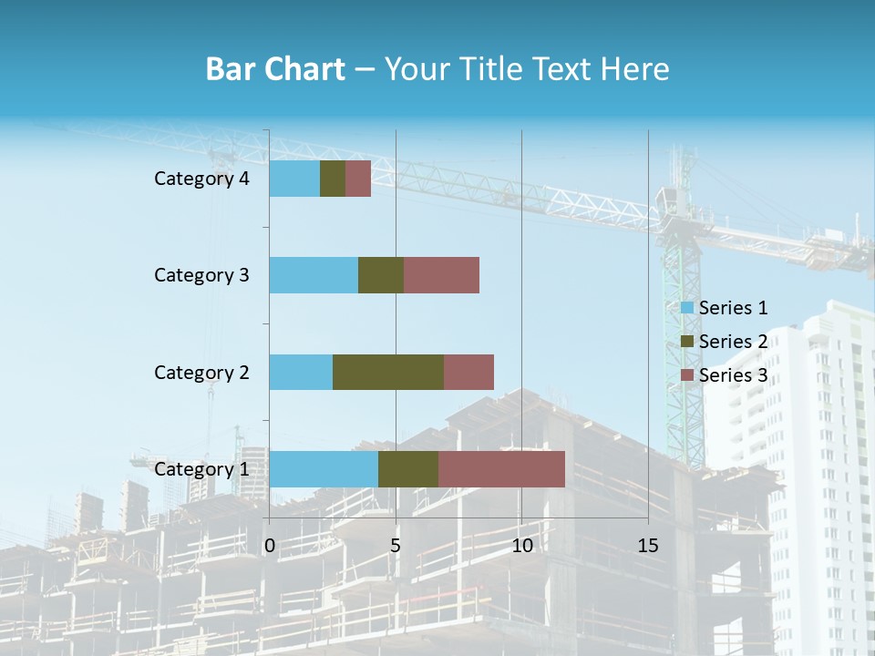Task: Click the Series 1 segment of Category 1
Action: [324, 469]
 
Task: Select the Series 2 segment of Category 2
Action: [388, 372]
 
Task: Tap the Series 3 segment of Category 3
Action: [441, 275]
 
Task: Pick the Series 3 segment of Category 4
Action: [358, 179]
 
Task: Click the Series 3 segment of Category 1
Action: [501, 469]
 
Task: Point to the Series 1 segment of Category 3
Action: [314, 275]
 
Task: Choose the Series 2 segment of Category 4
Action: [333, 179]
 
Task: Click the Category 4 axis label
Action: [201, 179]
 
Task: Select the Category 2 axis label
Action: [201, 372]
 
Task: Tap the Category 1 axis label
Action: [201, 469]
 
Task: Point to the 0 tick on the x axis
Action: [270, 546]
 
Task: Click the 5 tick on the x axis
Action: [396, 546]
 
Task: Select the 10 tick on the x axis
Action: [521, 546]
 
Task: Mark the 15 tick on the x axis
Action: [648, 546]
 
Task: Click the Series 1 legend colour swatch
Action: [686, 308]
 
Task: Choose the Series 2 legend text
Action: [734, 342]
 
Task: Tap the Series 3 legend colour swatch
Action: [686, 375]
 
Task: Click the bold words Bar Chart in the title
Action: [275, 69]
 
